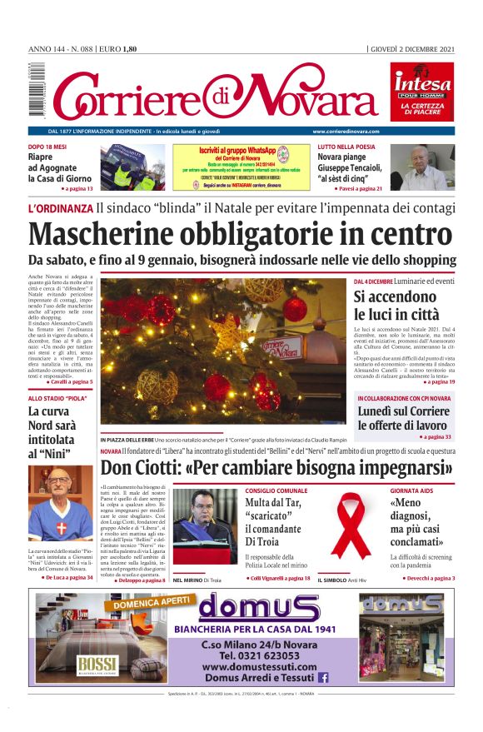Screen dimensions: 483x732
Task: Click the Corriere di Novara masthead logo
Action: pyautogui.click(x=208, y=93)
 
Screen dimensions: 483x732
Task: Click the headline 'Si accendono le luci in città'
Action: pyautogui.click(x=396, y=305)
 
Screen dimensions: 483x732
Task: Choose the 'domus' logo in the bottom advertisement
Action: pyautogui.click(x=246, y=609)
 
